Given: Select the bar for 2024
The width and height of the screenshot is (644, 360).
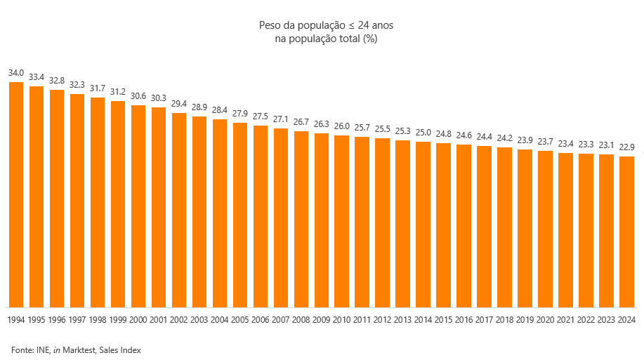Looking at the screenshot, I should (x=627, y=232).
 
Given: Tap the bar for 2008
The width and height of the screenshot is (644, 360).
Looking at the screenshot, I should (x=301, y=219).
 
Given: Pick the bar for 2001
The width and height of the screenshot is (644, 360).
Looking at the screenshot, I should (x=159, y=207).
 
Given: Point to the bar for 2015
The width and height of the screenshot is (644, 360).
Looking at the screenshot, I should (x=444, y=225).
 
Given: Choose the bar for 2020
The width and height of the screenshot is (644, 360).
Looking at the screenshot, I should (x=546, y=229).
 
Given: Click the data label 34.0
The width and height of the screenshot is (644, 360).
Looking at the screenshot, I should (x=16, y=73).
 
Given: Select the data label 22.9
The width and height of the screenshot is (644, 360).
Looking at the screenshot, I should (x=627, y=147).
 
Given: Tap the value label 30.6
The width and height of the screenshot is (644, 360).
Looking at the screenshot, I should (x=138, y=96).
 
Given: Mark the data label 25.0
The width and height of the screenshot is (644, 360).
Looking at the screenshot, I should (x=423, y=133).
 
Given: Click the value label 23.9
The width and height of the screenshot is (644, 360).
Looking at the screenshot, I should (x=525, y=140).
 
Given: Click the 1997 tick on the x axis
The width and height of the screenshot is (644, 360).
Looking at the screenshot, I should (x=77, y=319).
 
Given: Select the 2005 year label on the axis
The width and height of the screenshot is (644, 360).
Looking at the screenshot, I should (x=240, y=319).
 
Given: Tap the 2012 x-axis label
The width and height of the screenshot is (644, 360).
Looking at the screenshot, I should (x=383, y=319).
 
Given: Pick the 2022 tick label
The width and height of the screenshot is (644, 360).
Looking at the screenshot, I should (x=586, y=319).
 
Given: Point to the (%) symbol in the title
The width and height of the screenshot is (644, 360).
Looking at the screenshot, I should (x=371, y=39).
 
